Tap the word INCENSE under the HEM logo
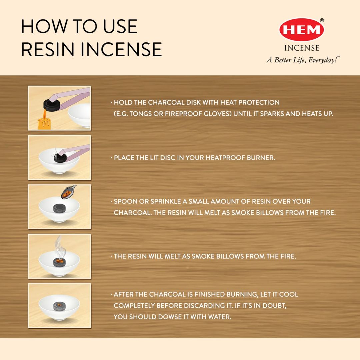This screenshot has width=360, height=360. pyautogui.click(x=301, y=48)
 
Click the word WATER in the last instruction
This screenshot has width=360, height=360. pyautogui.click(x=219, y=317)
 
